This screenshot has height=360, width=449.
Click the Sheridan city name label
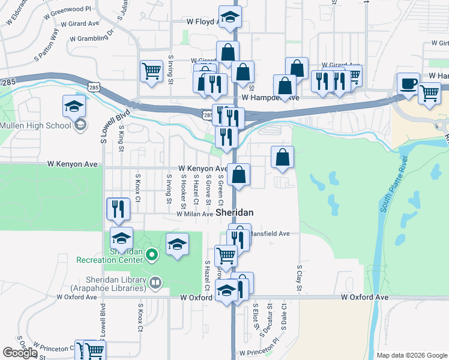(235, 213)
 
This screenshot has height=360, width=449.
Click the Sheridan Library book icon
(155, 281)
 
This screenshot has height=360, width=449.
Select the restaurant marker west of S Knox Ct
(118, 208)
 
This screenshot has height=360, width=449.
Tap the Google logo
(20, 353)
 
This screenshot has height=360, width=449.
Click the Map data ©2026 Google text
(411, 355)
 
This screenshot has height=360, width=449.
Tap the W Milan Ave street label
(194, 214)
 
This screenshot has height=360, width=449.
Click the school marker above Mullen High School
(74, 106)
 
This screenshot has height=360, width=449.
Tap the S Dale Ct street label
(284, 317)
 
